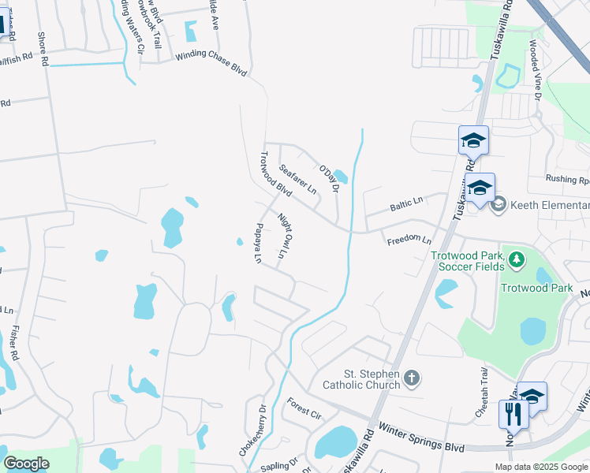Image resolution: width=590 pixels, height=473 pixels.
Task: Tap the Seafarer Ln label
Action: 297,180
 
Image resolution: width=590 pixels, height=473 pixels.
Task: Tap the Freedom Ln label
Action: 409,240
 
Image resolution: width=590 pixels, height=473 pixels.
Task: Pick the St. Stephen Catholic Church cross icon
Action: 411,379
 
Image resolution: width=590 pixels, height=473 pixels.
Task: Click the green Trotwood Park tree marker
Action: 516,259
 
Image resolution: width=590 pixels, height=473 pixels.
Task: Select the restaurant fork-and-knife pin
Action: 513,413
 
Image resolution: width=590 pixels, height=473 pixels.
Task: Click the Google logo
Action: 26,464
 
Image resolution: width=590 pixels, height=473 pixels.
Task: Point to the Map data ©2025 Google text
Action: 541,467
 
